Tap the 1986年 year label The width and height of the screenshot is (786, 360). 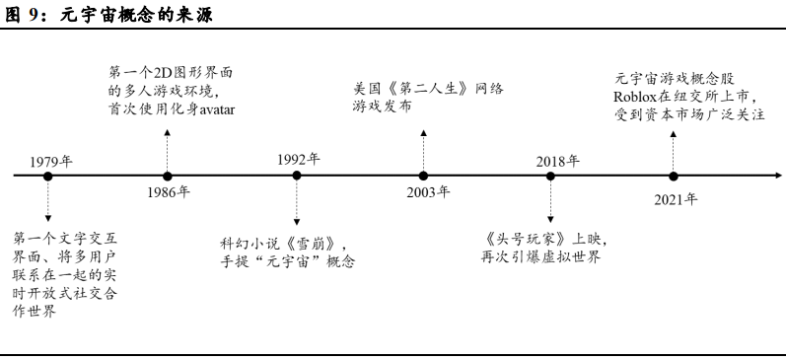(169, 192)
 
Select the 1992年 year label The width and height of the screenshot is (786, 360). (298, 159)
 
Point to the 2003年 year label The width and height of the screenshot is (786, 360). (428, 191)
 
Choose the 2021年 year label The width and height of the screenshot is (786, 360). (675, 199)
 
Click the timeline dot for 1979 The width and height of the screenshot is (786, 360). (47, 177)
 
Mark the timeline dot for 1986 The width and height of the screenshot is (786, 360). (167, 177)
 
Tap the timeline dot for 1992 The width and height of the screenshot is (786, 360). (297, 177)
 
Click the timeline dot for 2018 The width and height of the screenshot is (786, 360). (550, 177)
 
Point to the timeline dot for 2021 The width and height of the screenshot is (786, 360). (673, 177)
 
